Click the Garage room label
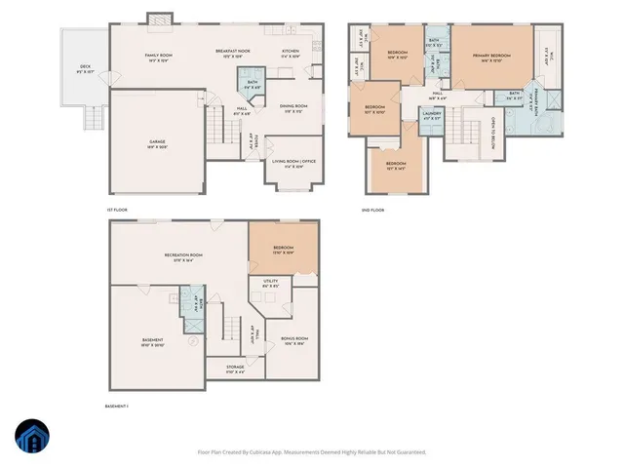[x=157, y=143]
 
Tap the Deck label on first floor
[x=86, y=67]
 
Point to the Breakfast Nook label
[x=233, y=51]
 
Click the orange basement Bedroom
[x=284, y=249]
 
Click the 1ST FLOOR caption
[x=118, y=210]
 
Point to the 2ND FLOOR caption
[x=371, y=210]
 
